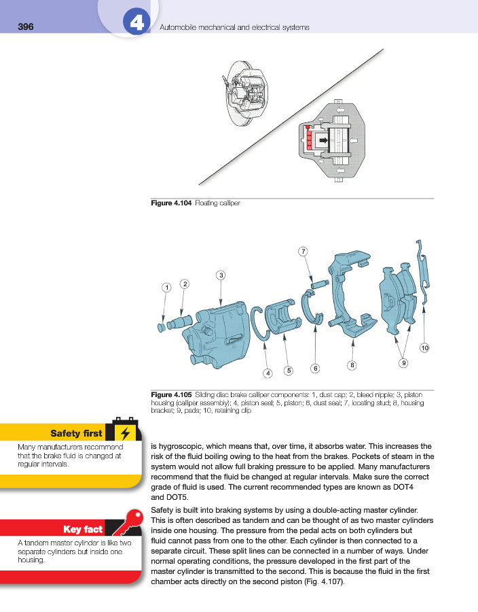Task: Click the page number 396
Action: click(25, 27)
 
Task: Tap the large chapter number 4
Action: click(136, 24)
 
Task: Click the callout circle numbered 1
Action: click(166, 288)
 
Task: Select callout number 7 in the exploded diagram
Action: click(303, 252)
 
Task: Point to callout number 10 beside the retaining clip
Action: click(424, 348)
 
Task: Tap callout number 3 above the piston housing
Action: click(221, 275)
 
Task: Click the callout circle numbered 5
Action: click(289, 371)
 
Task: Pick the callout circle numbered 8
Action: click(352, 366)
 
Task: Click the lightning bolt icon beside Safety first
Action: click(124, 433)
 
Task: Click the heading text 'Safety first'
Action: click(76, 433)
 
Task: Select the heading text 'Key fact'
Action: click(83, 529)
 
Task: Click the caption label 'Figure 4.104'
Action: click(170, 203)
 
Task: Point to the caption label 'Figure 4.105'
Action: click(170, 394)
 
